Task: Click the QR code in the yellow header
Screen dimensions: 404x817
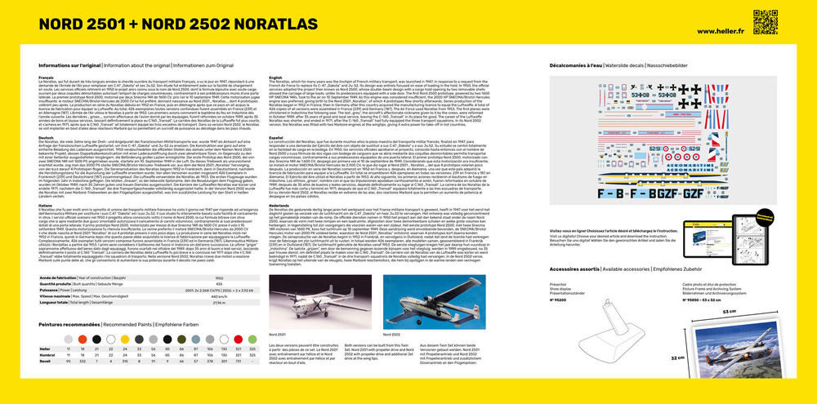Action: [765, 22]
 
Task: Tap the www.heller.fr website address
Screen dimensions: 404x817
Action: [719, 31]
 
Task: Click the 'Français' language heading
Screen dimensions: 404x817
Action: [47, 77]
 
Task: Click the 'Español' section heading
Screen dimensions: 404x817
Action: [276, 138]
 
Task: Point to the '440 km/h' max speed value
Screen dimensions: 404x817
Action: [219, 295]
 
